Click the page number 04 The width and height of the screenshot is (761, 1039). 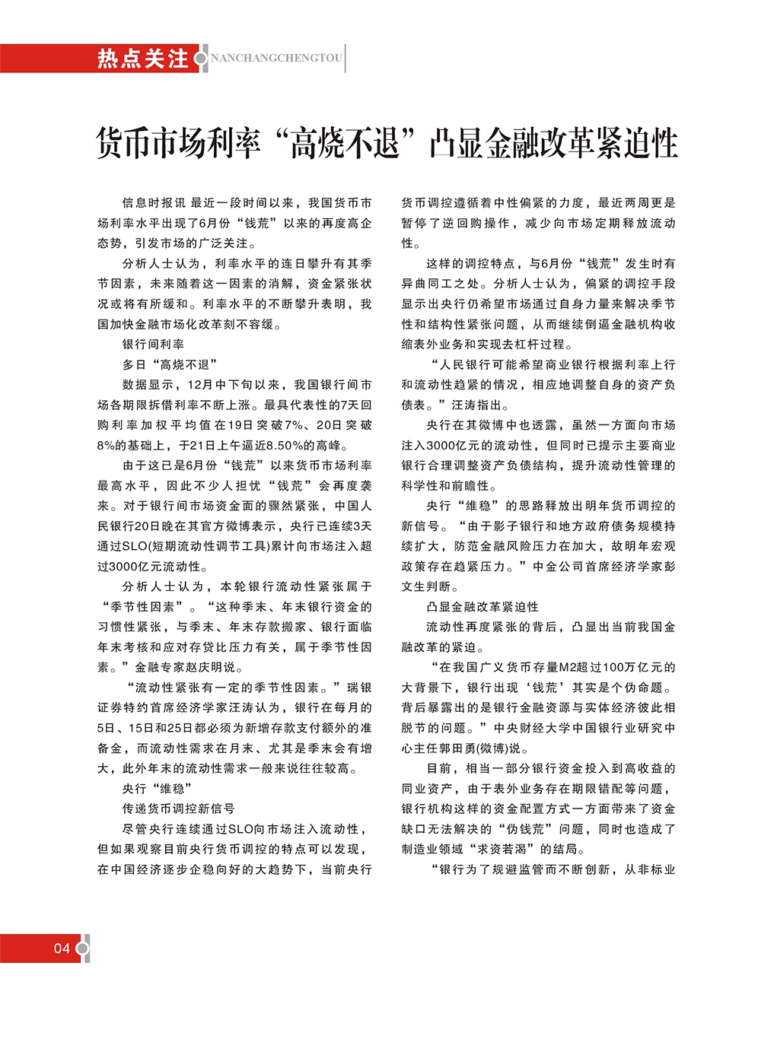62,948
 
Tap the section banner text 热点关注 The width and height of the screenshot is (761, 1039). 142,59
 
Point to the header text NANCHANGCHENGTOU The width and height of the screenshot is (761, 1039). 276,59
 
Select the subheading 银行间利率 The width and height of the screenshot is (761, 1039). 153,345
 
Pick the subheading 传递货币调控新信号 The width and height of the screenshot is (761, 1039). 178,809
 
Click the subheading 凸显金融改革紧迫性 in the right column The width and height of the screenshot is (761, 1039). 482,607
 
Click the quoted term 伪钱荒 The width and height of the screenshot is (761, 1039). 527,829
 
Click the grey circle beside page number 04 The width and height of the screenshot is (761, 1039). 83,948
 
